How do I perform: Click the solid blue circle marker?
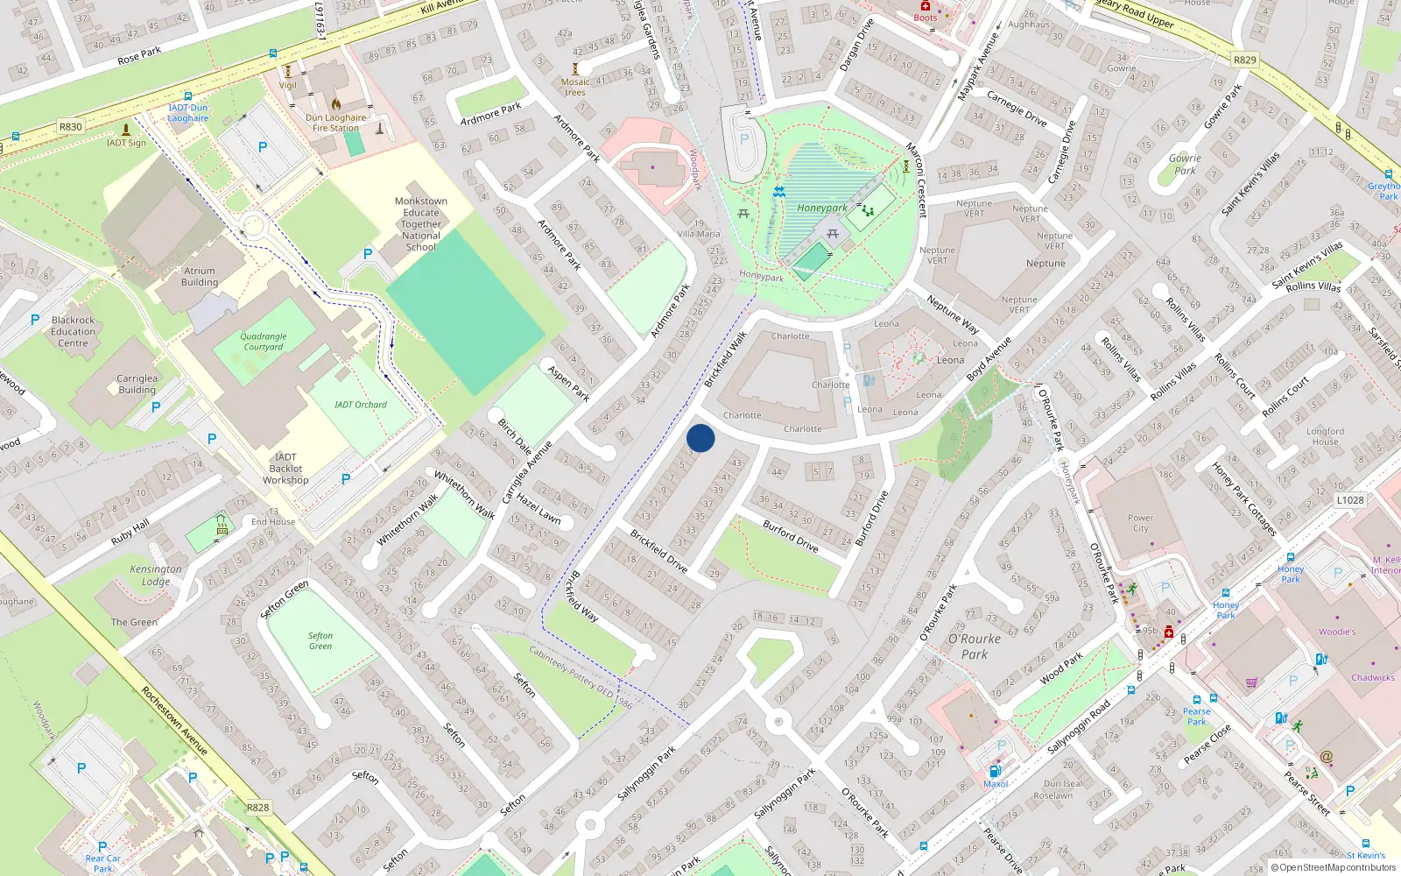click(700, 438)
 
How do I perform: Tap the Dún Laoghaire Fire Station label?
click(336, 123)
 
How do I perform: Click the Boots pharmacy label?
click(926, 18)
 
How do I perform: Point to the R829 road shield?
click(1244, 60)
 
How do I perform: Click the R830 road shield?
click(71, 127)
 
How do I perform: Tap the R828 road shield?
click(257, 808)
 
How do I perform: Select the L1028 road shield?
click(1349, 500)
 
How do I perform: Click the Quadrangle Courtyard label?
click(264, 342)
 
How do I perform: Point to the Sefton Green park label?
click(320, 641)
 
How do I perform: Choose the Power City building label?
click(1140, 523)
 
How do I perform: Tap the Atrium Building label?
click(200, 277)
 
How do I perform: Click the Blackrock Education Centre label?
click(74, 331)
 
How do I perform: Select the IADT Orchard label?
click(360, 405)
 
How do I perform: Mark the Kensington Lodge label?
click(156, 575)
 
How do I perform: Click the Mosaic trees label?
click(575, 87)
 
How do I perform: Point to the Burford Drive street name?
click(790, 536)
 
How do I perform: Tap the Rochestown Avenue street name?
click(174, 720)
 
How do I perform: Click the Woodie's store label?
click(1337, 632)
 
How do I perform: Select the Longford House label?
click(1325, 436)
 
